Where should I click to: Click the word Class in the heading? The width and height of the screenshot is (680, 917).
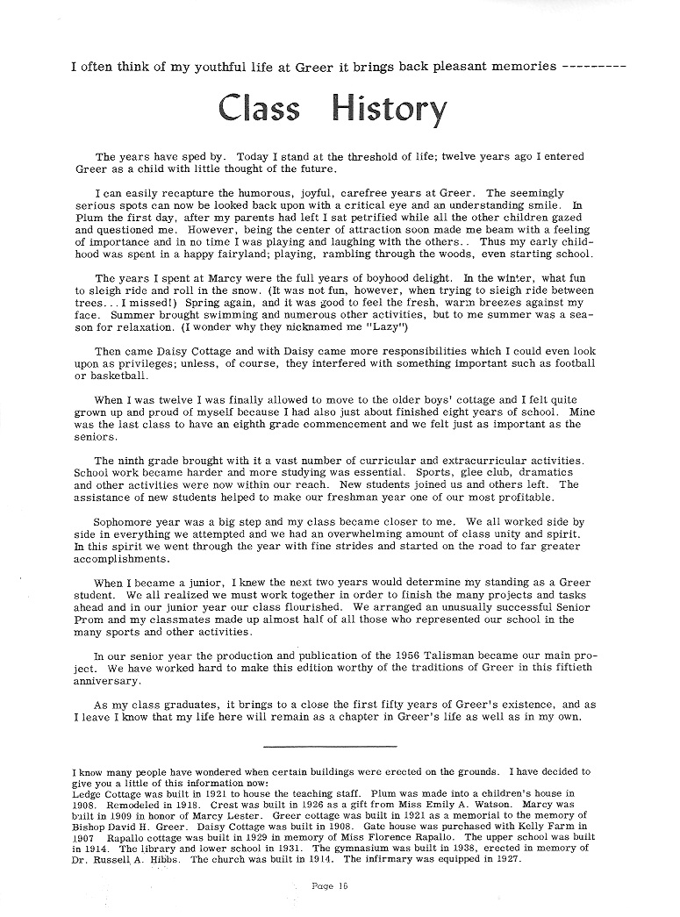click(x=260, y=108)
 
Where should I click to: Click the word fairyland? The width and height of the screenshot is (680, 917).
click(x=238, y=254)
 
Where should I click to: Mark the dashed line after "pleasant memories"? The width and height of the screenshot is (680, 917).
click(x=593, y=66)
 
